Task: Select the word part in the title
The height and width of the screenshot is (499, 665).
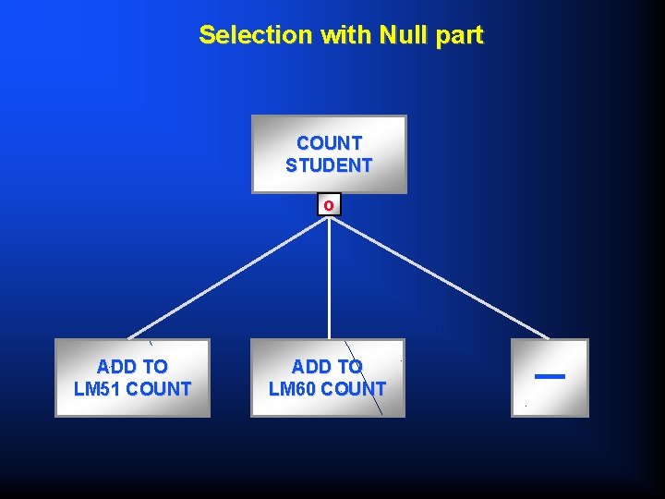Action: [458, 35]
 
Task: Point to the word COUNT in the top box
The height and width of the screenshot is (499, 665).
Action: [329, 143]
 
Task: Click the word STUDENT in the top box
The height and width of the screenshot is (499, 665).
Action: [329, 165]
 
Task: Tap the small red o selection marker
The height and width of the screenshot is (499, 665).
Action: [329, 204]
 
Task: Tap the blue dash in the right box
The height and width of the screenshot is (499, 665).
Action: [550, 376]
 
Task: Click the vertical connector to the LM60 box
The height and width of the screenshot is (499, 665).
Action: [329, 277]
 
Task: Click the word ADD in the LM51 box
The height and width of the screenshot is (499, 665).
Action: [115, 367]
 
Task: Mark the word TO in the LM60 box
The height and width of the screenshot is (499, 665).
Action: [349, 367]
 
